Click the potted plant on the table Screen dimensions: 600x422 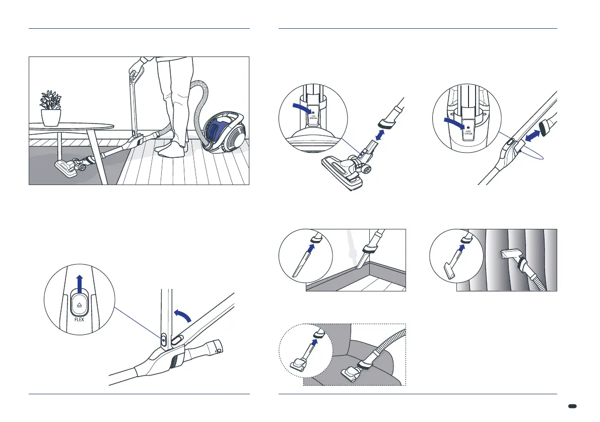pos(50,108)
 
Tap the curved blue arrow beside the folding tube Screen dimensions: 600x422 pos(182,316)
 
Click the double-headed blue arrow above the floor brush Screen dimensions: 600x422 pos(385,137)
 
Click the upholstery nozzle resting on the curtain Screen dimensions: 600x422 pos(512,259)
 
